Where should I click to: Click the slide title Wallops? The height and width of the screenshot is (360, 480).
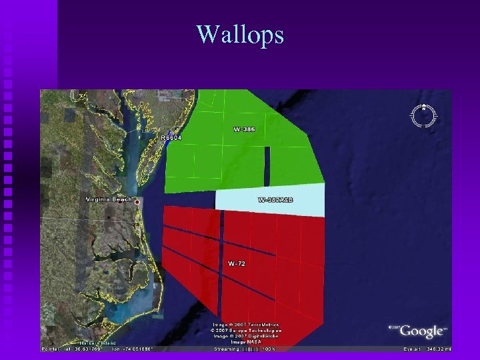click(x=240, y=34)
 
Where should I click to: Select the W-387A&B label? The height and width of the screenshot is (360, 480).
click(x=276, y=199)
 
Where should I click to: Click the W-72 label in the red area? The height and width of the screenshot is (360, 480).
click(x=237, y=264)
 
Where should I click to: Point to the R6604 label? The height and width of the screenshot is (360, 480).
click(x=171, y=137)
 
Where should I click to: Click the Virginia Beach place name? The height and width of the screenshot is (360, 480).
click(x=109, y=199)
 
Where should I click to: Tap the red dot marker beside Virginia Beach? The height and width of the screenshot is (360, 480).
click(x=137, y=201)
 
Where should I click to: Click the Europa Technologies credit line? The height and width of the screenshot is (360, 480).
click(x=246, y=330)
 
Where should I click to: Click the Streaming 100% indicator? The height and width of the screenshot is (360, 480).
click(x=244, y=348)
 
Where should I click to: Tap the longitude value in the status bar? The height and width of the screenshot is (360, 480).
click(x=133, y=348)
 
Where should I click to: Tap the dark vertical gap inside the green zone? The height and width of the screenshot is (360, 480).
click(x=267, y=165)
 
